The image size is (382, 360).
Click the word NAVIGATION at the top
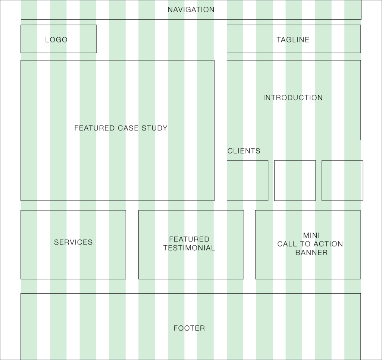191,10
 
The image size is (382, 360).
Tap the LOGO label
56,40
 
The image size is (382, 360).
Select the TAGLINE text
293,40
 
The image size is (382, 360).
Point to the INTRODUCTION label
293,98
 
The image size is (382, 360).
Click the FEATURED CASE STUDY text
121,128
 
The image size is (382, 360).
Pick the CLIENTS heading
244,151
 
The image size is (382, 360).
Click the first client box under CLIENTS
247,180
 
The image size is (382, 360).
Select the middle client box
295,180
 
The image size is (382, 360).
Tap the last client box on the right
342,180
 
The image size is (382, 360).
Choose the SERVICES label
73,242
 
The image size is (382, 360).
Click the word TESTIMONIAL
189,248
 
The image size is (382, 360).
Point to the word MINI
311,236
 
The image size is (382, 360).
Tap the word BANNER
311,253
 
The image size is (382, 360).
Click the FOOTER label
189,328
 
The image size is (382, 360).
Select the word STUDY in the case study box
154,128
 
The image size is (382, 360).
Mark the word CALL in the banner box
286,244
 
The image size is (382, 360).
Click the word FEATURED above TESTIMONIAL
189,239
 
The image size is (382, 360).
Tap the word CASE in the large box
128,128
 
